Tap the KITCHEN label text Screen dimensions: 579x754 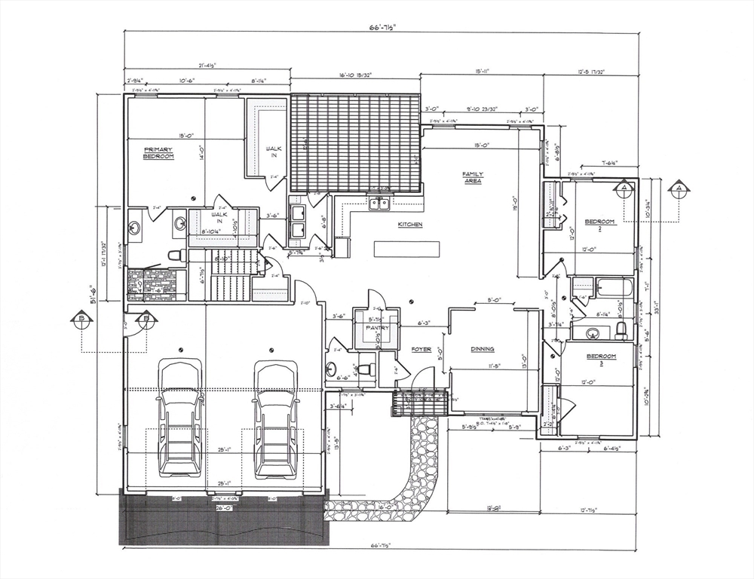click(x=410, y=225)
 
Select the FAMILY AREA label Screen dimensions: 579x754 click(x=473, y=178)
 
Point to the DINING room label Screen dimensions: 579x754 click(x=483, y=349)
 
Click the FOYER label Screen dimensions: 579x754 click(x=421, y=350)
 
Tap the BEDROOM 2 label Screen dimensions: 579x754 click(x=601, y=225)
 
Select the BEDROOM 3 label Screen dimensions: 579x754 click(x=601, y=359)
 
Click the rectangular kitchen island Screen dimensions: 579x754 click(x=406, y=248)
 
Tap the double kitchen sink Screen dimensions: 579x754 click(x=379, y=204)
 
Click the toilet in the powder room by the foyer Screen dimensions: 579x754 click(x=364, y=369)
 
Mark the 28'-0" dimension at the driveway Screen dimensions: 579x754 click(x=224, y=508)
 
